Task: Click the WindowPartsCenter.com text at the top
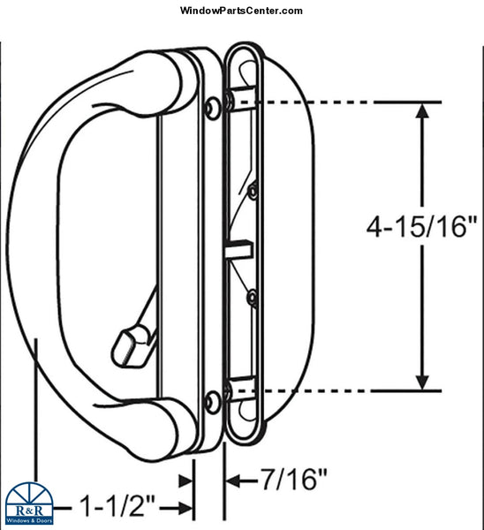click(x=241, y=11)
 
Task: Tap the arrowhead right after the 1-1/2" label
click(x=186, y=507)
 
